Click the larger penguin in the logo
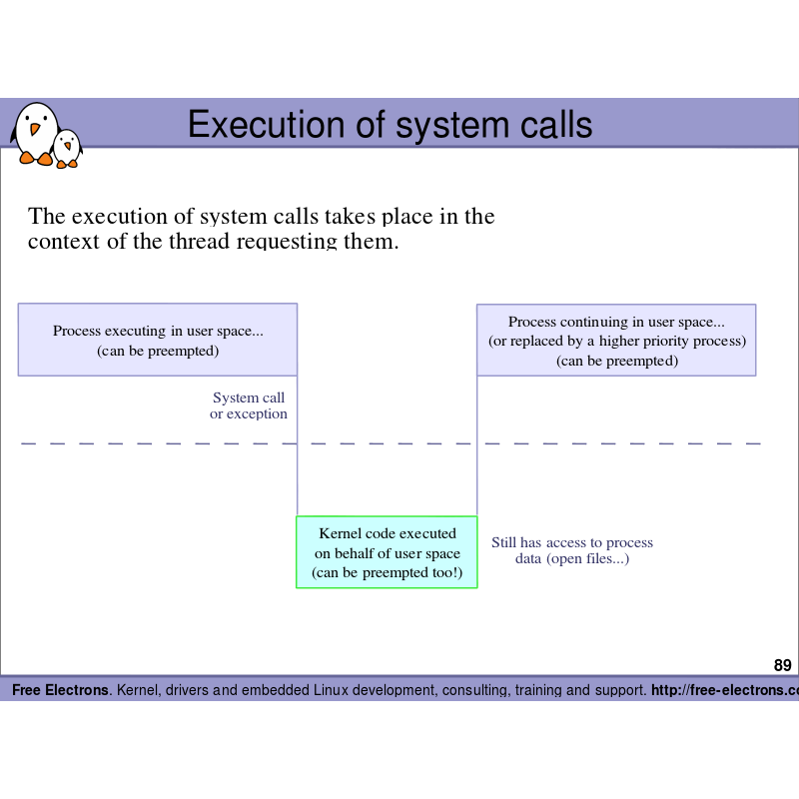pyautogui.click(x=35, y=132)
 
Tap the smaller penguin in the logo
pyautogui.click(x=67, y=148)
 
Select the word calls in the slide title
pyautogui.click(x=548, y=125)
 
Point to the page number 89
pyautogui.click(x=782, y=665)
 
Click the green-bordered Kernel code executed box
pyautogui.click(x=387, y=552)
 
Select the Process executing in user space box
pyautogui.click(x=158, y=340)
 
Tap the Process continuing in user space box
pyautogui.click(x=616, y=341)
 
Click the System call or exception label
pyautogui.click(x=249, y=405)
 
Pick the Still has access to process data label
pyautogui.click(x=572, y=550)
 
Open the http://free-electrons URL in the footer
pyautogui.click(x=724, y=690)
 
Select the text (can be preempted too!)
pyautogui.click(x=387, y=572)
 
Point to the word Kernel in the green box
pyautogui.click(x=340, y=533)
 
